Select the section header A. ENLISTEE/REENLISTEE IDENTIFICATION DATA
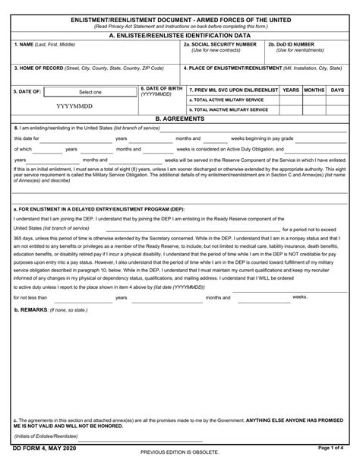(179, 35)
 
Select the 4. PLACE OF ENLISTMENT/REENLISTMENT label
(228, 68)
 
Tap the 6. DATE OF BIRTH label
(161, 91)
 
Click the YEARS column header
(290, 90)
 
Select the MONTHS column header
(314, 90)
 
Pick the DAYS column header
(338, 90)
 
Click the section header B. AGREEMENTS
(179, 119)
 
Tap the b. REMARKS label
(30, 311)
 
